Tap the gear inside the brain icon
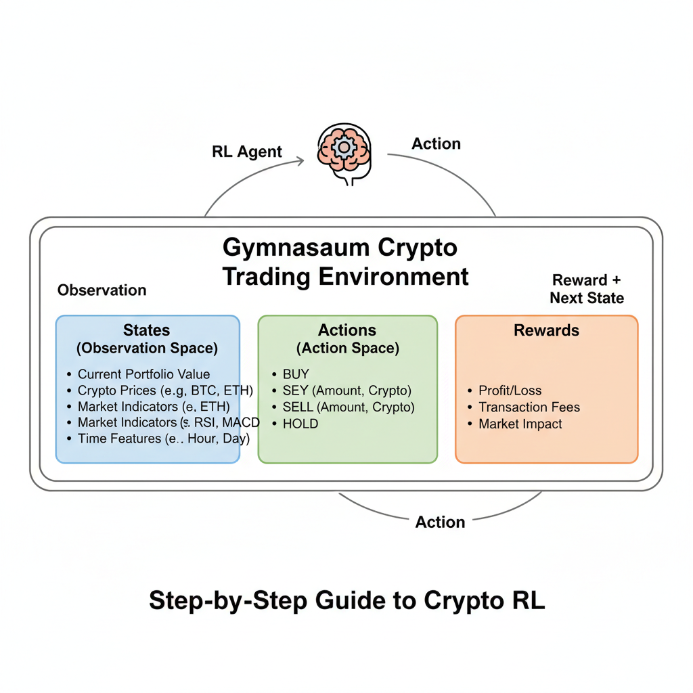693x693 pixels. pyautogui.click(x=343, y=146)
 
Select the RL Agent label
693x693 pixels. pyautogui.click(x=247, y=152)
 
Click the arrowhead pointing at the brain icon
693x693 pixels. pyautogui.click(x=300, y=161)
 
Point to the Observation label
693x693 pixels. pyautogui.click(x=102, y=290)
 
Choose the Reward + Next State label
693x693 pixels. pyautogui.click(x=587, y=289)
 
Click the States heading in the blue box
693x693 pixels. pyautogui.click(x=147, y=330)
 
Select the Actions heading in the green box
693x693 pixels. pyautogui.click(x=347, y=330)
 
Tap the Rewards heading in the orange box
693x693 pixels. pyautogui.click(x=546, y=330)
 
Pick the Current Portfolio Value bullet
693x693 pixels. pyautogui.click(x=143, y=374)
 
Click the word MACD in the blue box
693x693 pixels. pyautogui.click(x=241, y=422)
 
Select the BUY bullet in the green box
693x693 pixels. pyautogui.click(x=296, y=374)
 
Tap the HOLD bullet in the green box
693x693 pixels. pyautogui.click(x=300, y=424)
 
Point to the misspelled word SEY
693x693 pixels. pyautogui.click(x=295, y=390)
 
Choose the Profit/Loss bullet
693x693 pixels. pyautogui.click(x=510, y=390)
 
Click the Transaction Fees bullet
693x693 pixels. pyautogui.click(x=529, y=407)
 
